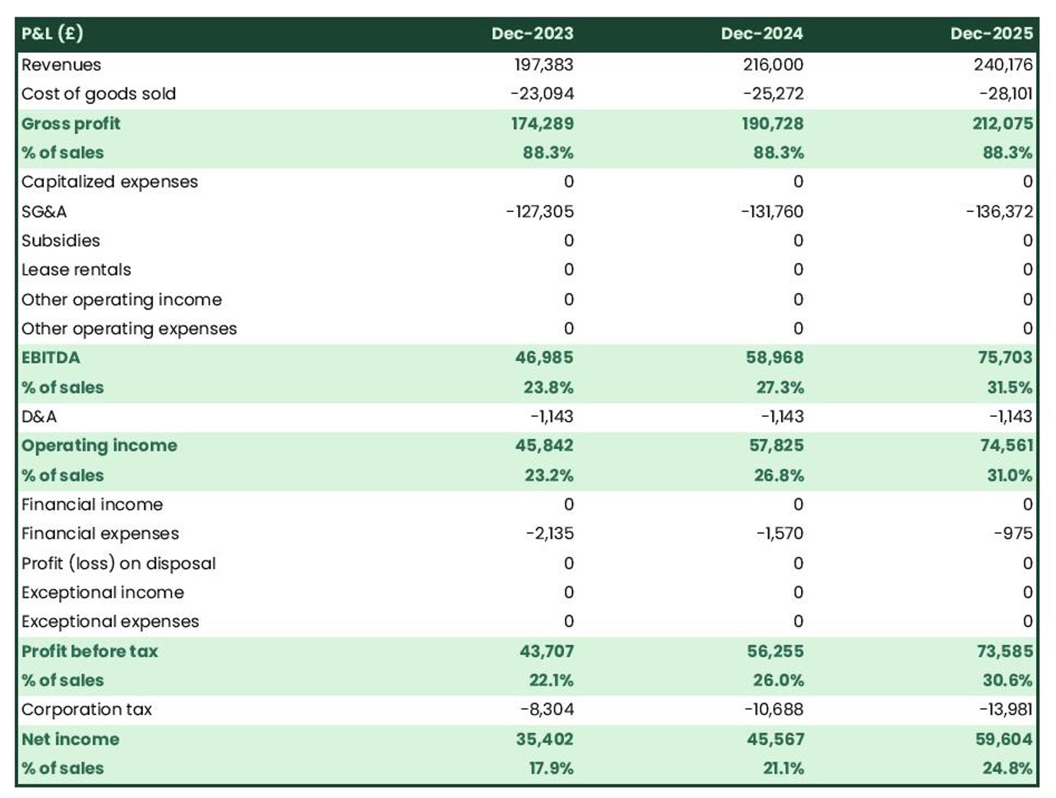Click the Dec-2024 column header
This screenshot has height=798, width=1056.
coord(761,33)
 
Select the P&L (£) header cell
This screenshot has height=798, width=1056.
coord(52,33)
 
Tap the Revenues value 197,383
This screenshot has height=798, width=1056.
coord(543,64)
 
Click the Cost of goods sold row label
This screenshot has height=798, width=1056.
coord(99,94)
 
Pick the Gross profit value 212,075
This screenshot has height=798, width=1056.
coord(1002,124)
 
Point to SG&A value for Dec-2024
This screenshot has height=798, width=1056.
coord(771,212)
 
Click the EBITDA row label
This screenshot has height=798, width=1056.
coord(50,358)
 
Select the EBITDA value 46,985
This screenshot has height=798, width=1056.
coord(544,358)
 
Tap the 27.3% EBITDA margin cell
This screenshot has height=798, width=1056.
coord(779,388)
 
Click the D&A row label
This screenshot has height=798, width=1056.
coord(39,417)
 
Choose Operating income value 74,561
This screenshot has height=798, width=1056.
coord(1006,446)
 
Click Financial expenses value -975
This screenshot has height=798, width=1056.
coord(1013,534)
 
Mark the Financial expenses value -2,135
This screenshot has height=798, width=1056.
coord(549,534)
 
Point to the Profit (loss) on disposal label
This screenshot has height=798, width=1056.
coord(119,563)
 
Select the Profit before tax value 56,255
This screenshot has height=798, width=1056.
coord(774,651)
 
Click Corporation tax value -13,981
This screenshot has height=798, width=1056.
coord(1005,709)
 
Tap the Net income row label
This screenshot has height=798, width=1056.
coord(70,739)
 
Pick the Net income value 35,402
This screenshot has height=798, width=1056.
coord(544,739)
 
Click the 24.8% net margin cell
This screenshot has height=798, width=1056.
coord(1007,769)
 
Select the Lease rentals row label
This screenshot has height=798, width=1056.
coord(76,270)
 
